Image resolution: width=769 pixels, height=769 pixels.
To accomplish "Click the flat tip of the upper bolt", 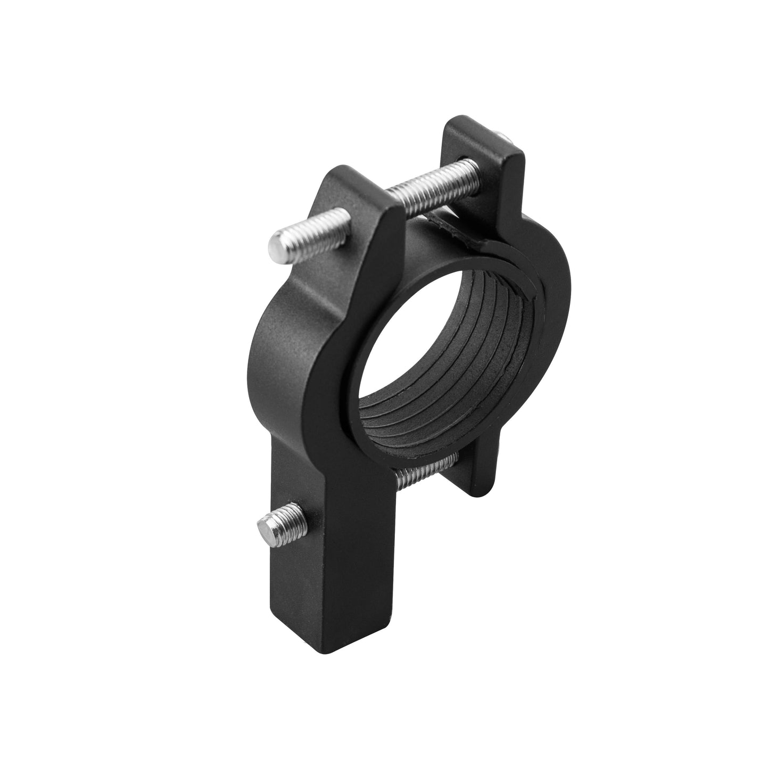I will click(x=277, y=246).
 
